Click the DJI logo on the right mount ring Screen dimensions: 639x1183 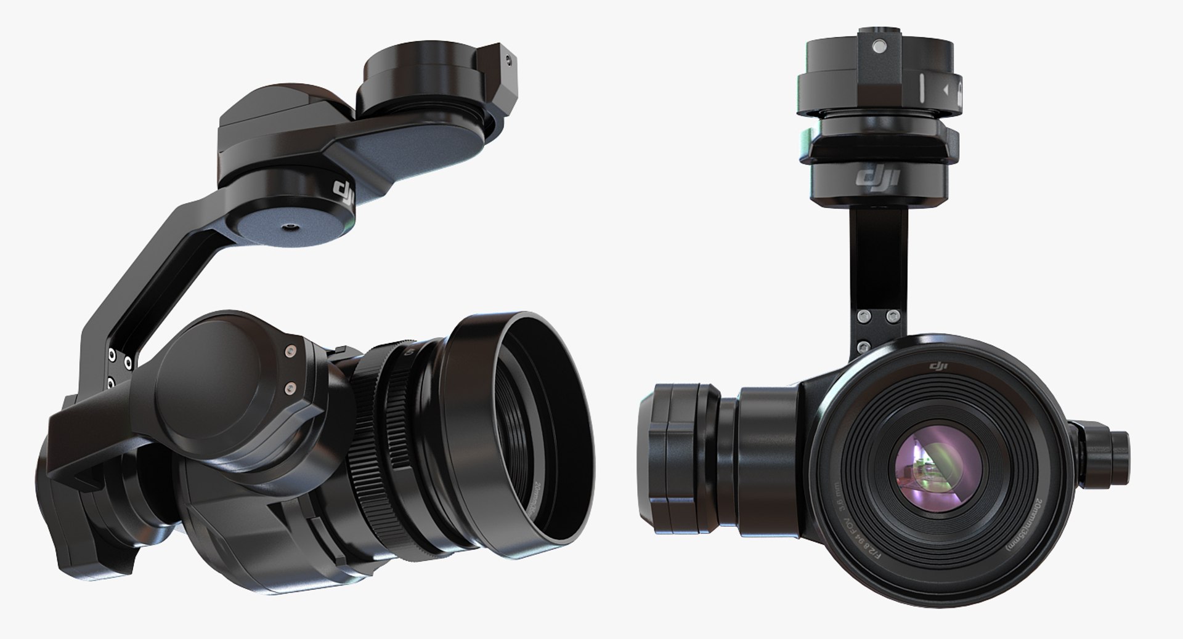click(879, 179)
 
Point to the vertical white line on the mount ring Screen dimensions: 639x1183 click(922, 89)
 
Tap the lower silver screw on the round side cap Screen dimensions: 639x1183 click(290, 387)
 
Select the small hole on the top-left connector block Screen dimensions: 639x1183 click(508, 60)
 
